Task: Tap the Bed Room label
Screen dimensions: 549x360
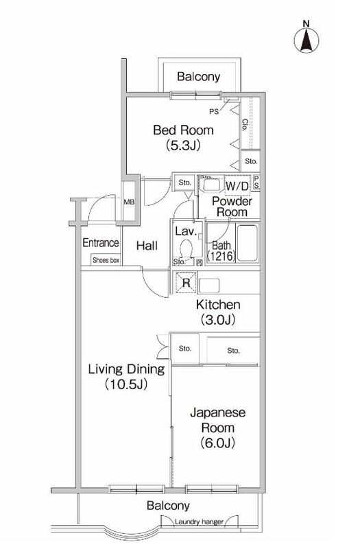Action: [183, 130]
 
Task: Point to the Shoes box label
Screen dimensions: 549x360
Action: [106, 260]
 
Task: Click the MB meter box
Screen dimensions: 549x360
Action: [128, 202]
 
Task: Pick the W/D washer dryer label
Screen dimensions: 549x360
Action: [237, 186]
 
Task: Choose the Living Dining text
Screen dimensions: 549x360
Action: [126, 370]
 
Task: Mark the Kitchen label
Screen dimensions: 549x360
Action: [217, 304]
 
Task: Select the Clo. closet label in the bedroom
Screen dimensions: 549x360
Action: [245, 126]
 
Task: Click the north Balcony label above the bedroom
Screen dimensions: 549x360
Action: [198, 77]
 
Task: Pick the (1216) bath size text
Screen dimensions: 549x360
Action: [221, 257]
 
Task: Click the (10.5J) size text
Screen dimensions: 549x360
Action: [126, 385]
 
